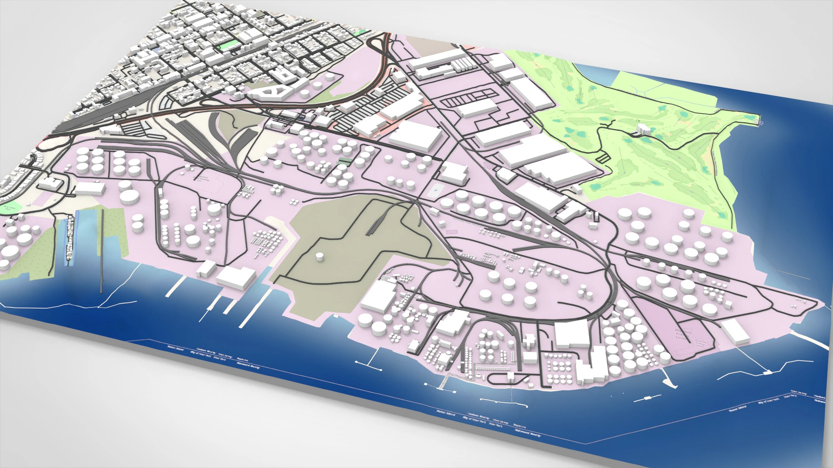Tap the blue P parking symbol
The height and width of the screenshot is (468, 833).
tap(436, 190)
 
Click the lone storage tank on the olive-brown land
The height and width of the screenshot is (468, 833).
tap(319, 257)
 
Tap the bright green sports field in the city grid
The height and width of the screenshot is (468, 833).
tap(227, 45)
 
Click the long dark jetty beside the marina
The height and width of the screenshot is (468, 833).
tap(102, 250)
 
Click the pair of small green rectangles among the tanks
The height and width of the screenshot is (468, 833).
tap(344, 161)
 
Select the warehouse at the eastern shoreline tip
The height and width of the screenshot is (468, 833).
tap(735, 332)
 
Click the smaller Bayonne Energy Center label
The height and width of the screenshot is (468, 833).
tap(701, 344)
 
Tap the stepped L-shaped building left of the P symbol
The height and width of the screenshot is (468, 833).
tap(454, 172)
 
